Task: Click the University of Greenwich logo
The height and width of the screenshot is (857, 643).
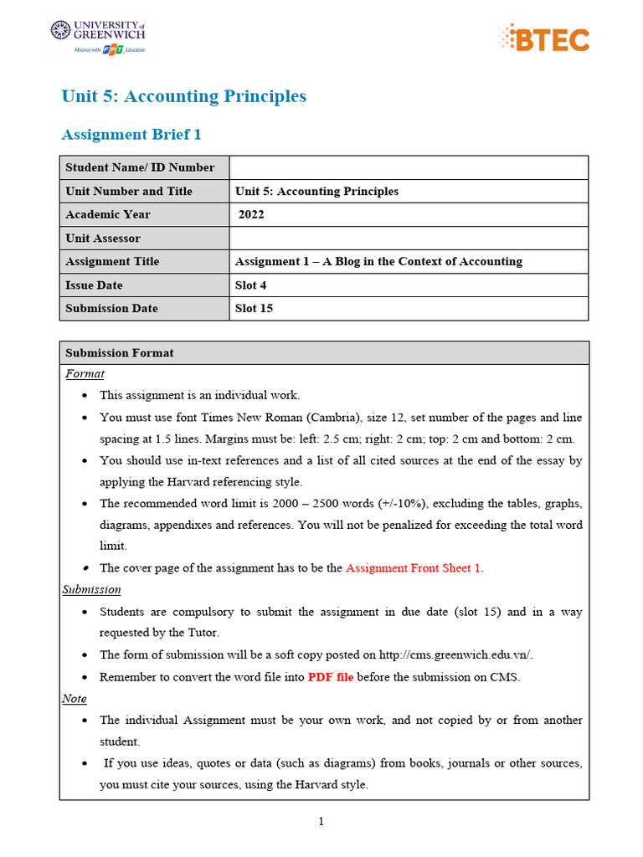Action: (x=98, y=37)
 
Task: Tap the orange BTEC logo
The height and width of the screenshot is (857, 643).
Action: (x=543, y=38)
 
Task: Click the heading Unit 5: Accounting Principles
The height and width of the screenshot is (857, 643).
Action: (x=184, y=96)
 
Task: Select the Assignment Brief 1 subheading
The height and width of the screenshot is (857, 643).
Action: (x=131, y=135)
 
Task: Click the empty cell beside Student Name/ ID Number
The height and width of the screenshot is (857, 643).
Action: (x=409, y=167)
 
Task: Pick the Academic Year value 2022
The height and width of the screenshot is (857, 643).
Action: (x=251, y=214)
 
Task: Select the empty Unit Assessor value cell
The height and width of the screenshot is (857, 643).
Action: (x=409, y=238)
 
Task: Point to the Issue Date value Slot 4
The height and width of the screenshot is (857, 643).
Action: (x=251, y=285)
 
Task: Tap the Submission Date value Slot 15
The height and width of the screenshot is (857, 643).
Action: (x=255, y=308)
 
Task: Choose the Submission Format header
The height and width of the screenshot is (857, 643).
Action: (x=120, y=352)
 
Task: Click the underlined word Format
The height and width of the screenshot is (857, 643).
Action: (x=85, y=373)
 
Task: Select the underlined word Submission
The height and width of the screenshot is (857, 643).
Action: (x=92, y=589)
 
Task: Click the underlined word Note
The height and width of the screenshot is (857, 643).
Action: (x=75, y=698)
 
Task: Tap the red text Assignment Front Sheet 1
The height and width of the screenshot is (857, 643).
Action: (x=414, y=567)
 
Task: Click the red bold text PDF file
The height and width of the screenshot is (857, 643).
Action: (x=331, y=677)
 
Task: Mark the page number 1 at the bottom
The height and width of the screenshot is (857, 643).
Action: (x=321, y=821)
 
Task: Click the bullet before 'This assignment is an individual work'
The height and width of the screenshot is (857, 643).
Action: (x=87, y=396)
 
